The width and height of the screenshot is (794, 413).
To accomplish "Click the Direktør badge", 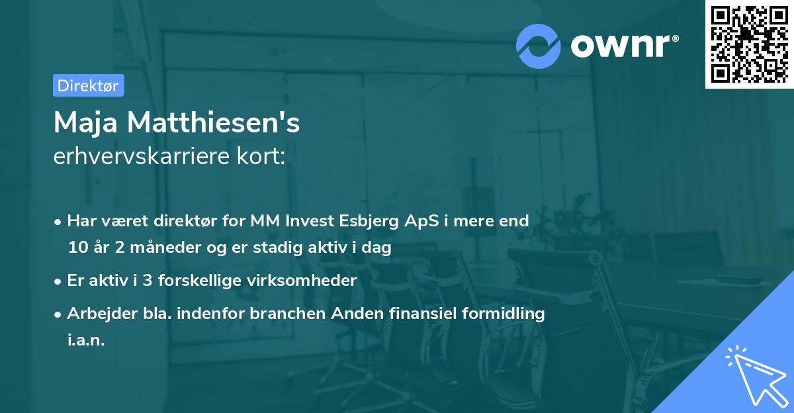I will point(88,85).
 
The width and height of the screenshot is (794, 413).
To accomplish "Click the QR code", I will point(750,44).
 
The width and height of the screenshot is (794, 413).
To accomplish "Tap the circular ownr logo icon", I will point(539,46).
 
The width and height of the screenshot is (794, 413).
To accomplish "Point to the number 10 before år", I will point(77,248).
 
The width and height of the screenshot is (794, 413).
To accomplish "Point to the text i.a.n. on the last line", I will point(86,340).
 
